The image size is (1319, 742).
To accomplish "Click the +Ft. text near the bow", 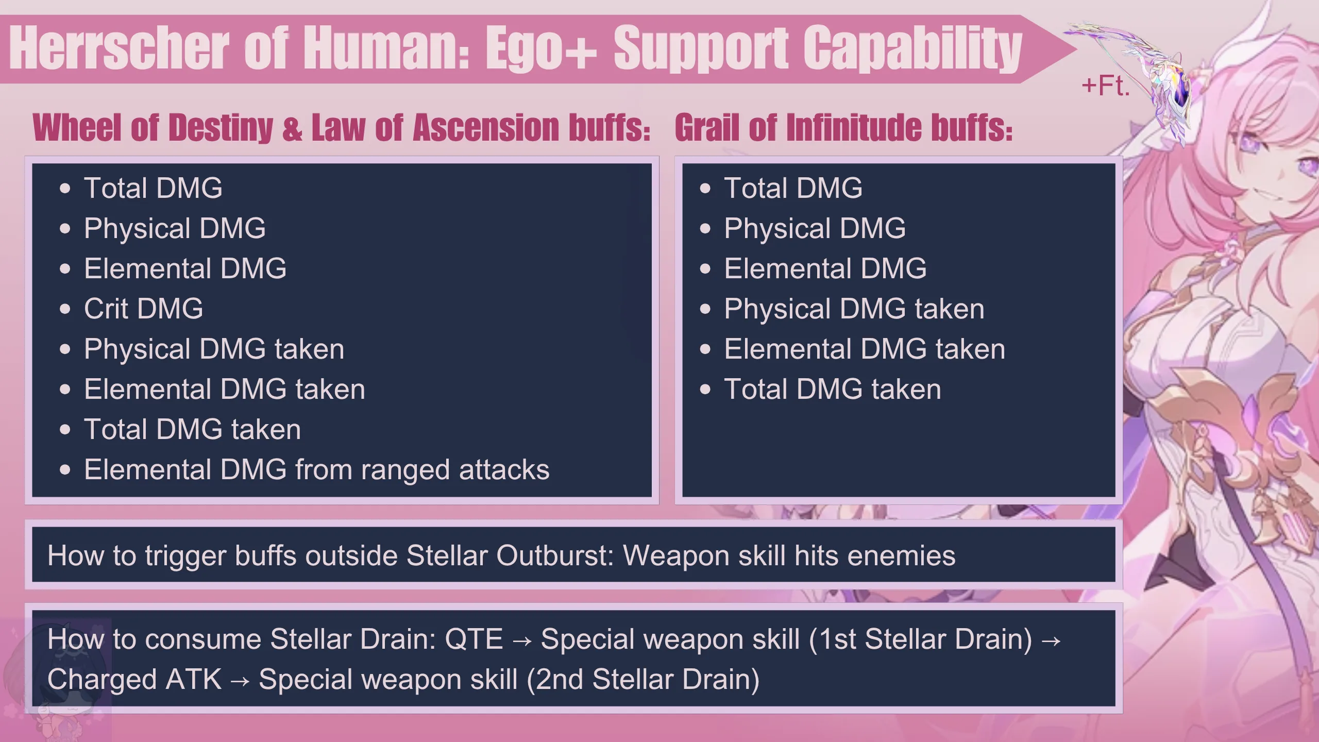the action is (1106, 86).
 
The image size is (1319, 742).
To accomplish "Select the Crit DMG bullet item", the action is (143, 309).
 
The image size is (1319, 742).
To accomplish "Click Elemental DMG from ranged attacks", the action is (317, 470).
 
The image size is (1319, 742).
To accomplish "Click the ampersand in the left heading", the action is (292, 128).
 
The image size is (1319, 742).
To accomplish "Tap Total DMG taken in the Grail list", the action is (833, 389).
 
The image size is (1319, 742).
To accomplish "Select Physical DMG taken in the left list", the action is (214, 349).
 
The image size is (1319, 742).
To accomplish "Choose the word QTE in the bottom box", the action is (474, 639).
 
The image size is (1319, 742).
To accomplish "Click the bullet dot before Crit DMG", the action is (65, 309).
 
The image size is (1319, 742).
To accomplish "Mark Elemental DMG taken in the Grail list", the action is (865, 349).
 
